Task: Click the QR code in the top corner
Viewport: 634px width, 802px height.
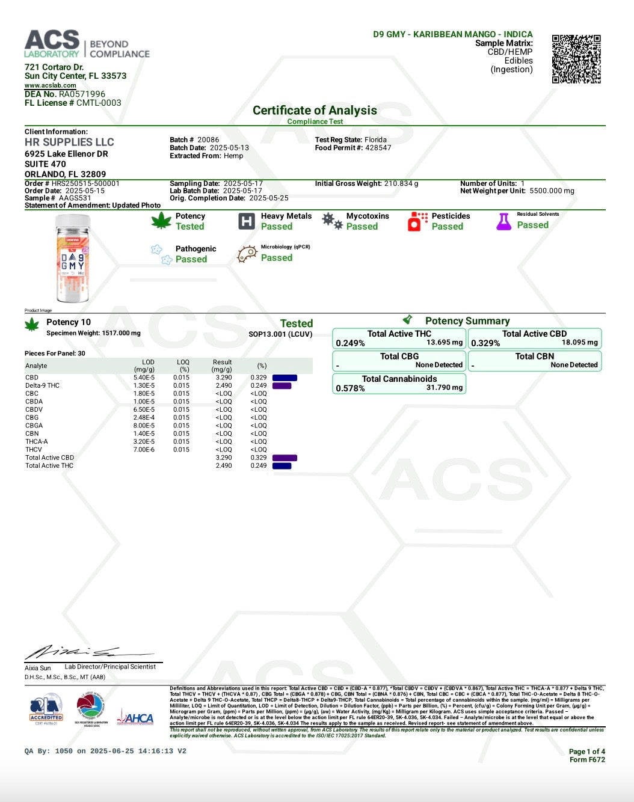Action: [576, 59]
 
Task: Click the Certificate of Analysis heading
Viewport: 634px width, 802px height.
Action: [315, 111]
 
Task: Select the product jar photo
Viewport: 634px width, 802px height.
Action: [73, 259]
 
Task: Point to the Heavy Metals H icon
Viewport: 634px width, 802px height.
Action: [247, 221]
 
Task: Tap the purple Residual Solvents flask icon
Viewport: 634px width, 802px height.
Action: [503, 221]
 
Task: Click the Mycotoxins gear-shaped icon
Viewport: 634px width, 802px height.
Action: [332, 221]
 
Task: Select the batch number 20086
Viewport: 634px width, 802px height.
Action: [208, 139]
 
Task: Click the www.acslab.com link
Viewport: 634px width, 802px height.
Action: [51, 85]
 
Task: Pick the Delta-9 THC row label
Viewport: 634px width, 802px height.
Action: [42, 385]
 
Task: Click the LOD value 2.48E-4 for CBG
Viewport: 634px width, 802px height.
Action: [144, 417]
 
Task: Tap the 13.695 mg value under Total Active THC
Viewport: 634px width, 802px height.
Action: [445, 342]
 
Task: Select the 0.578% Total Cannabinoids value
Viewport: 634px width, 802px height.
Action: [350, 388]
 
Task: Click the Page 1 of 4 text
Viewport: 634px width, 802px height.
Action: [586, 751]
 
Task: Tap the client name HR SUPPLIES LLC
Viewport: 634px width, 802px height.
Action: [69, 142]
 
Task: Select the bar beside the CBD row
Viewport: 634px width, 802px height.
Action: [285, 378]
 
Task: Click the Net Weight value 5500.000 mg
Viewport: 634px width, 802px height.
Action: [552, 191]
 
